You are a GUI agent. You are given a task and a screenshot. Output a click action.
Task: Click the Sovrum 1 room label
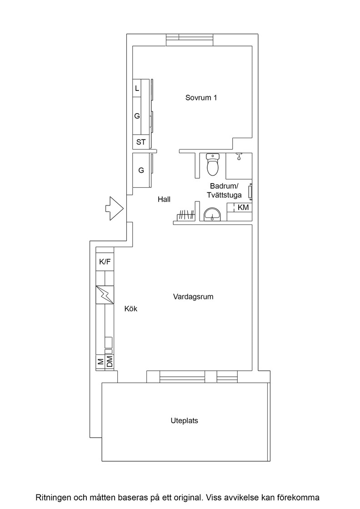click(x=201, y=98)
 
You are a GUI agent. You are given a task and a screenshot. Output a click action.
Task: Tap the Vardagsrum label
click(x=193, y=297)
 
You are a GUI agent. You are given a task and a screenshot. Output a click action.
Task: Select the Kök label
click(x=131, y=309)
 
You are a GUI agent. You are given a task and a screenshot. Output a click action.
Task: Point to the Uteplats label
click(x=185, y=421)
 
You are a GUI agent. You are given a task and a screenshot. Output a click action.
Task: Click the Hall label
click(x=164, y=200)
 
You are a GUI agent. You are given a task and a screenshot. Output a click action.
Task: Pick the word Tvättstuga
click(x=224, y=195)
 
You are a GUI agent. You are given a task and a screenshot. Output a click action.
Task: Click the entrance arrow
click(x=114, y=209)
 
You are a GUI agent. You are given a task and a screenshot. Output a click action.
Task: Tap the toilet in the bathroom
click(x=213, y=164)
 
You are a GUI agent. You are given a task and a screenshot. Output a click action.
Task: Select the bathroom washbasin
click(x=212, y=215)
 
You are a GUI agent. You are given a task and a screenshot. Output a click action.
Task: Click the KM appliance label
click(x=243, y=207)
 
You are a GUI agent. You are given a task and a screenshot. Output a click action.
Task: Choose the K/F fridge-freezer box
click(x=105, y=262)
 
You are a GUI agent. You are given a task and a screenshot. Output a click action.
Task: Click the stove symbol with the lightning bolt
click(x=105, y=295)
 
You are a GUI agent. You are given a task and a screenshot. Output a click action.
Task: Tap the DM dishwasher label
click(x=110, y=361)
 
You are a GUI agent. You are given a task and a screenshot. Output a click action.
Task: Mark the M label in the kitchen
click(x=100, y=361)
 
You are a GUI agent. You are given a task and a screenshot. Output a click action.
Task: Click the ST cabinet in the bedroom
click(x=141, y=142)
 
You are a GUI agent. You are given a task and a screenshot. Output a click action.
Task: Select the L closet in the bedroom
click(x=137, y=88)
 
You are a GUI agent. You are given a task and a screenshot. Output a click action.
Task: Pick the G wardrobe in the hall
click(x=141, y=170)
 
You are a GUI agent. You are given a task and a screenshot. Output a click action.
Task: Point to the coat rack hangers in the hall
click(x=185, y=215)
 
